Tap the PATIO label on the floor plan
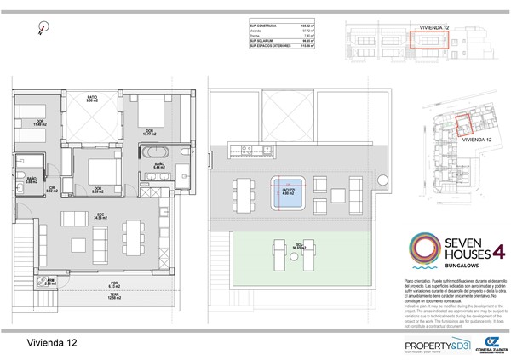[92, 99]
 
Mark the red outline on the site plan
[464, 124]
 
